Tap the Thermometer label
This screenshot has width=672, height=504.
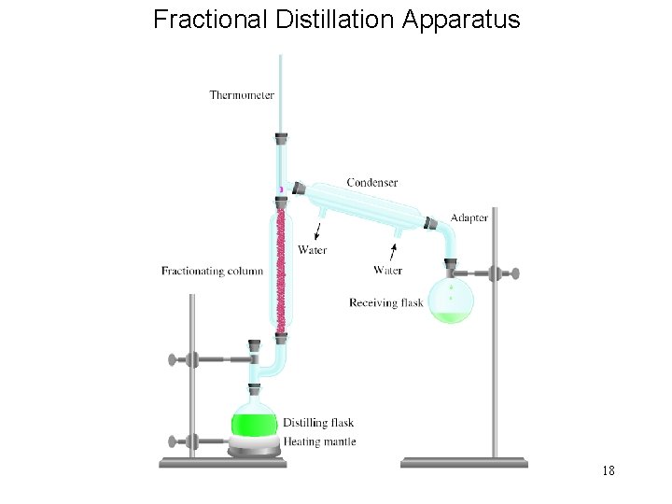(242, 94)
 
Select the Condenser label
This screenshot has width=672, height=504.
(372, 182)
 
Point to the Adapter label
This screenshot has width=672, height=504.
(469, 217)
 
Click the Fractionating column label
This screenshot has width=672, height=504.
(212, 272)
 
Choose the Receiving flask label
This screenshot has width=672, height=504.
(386, 302)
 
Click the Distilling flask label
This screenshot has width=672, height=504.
(317, 423)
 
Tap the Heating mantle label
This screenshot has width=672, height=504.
(319, 441)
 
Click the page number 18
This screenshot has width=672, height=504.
(608, 470)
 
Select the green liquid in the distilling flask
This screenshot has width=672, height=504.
(255, 421)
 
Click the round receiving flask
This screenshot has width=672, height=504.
(451, 301)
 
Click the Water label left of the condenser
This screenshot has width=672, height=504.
(312, 249)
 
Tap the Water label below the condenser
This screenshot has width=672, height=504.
(387, 271)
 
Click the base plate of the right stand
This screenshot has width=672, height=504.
(464, 461)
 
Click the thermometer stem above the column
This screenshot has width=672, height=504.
(280, 93)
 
